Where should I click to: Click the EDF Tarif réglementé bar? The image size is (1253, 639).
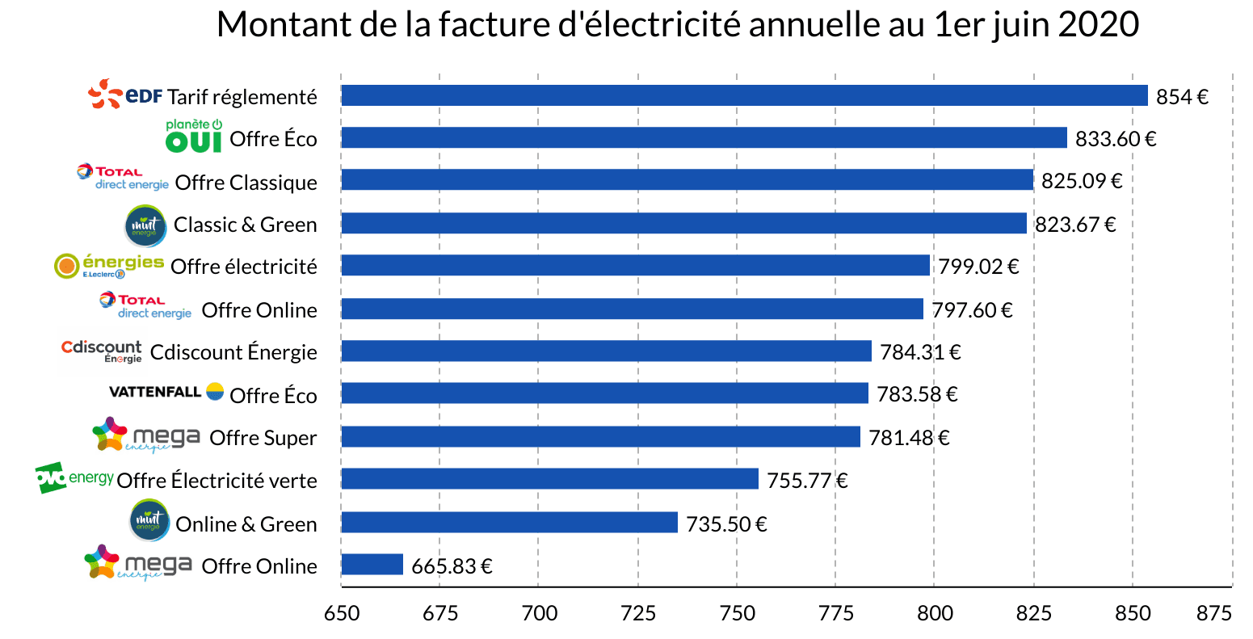(743, 95)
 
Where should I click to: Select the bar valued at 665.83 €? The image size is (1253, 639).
(372, 565)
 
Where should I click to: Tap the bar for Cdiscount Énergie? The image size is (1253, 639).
(606, 351)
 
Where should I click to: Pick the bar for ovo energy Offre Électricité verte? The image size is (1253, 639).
(549, 479)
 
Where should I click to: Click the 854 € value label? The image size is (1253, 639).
(1182, 97)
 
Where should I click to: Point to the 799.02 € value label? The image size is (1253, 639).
(978, 267)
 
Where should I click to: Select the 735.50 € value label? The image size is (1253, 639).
(726, 524)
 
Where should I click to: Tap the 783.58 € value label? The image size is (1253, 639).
(917, 394)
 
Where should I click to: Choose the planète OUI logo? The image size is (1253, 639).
(194, 137)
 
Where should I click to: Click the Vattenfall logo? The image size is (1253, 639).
(166, 392)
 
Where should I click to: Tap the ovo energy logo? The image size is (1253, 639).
(74, 478)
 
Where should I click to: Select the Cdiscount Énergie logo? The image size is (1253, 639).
(102, 351)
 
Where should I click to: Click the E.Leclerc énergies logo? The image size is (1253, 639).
(109, 266)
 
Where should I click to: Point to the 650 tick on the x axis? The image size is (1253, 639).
(341, 613)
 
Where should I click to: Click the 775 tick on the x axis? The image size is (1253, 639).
(835, 613)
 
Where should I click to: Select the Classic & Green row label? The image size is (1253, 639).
(245, 225)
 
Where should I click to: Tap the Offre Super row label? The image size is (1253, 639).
(263, 438)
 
